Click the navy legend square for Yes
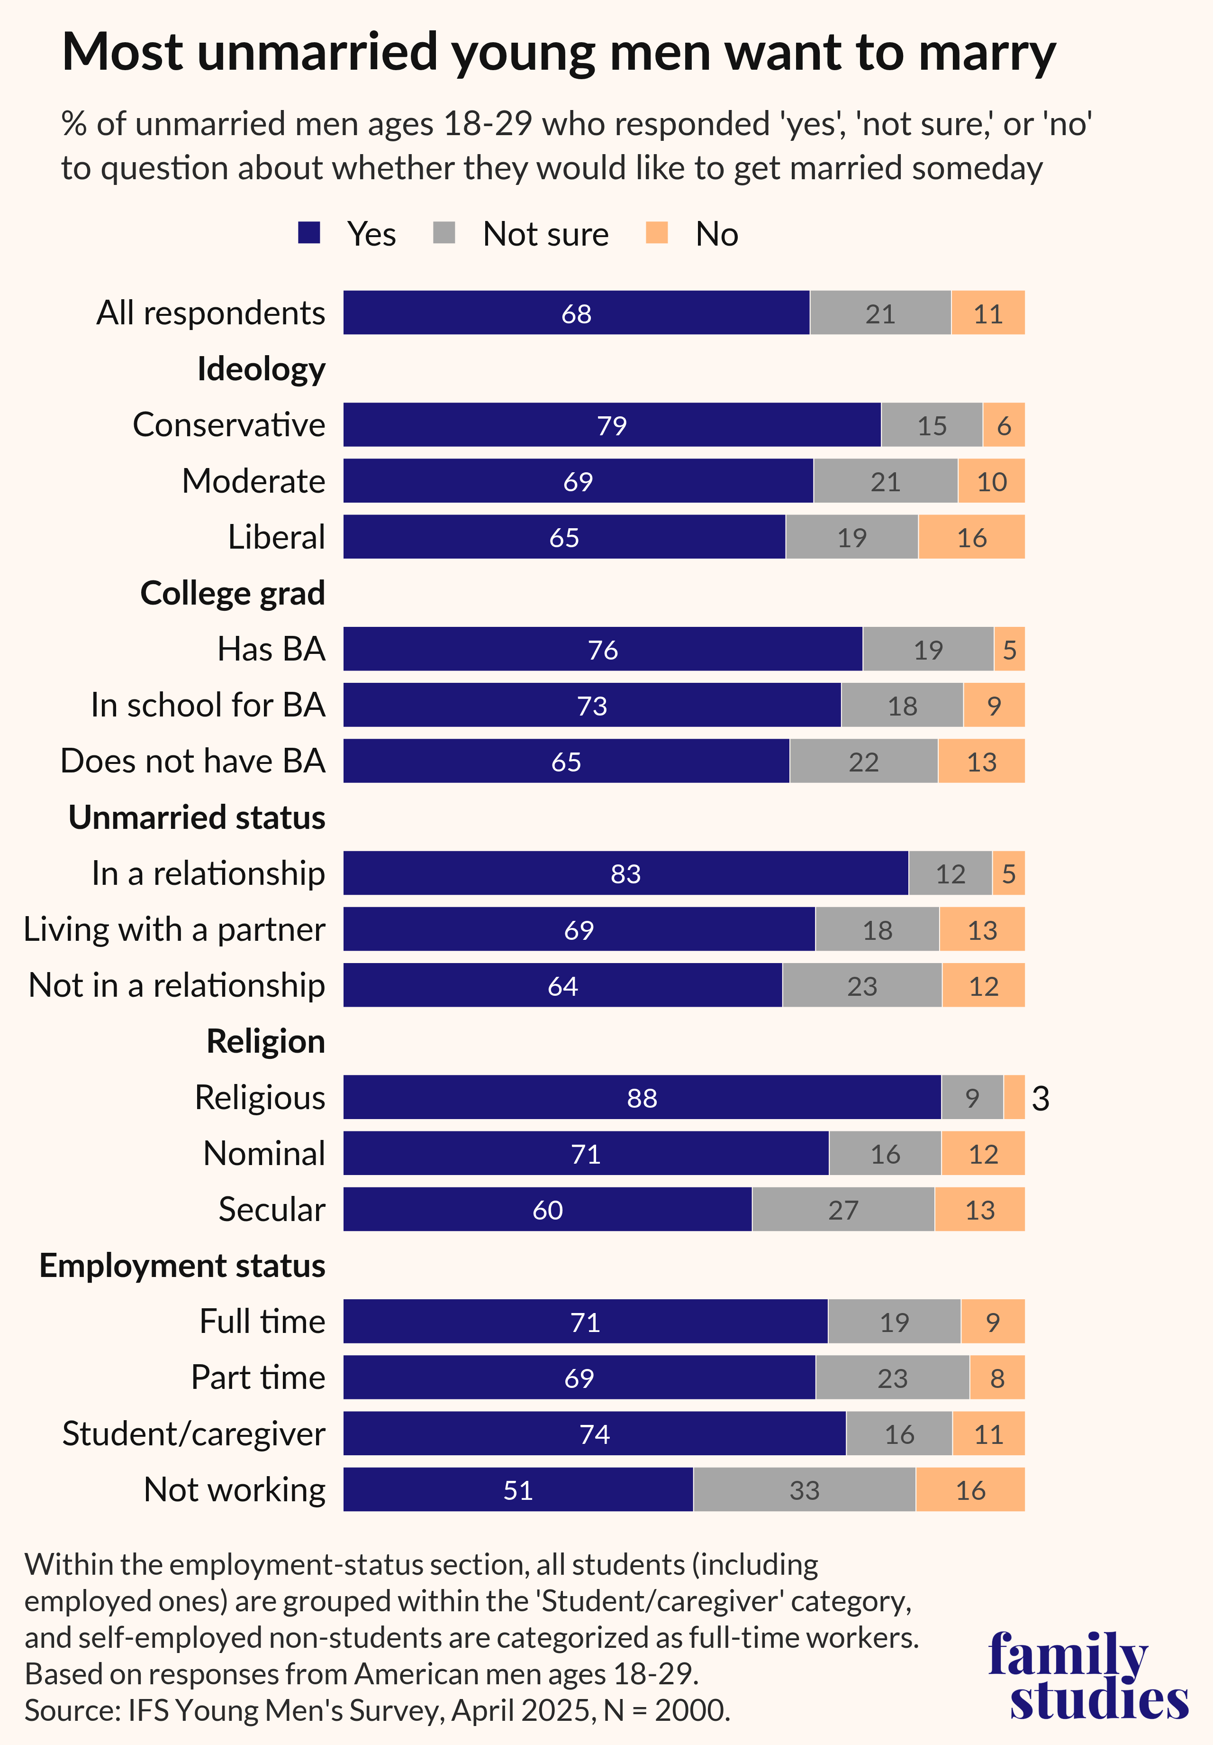[309, 232]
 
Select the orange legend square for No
[656, 232]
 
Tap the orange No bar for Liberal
[971, 537]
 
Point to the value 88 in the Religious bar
[642, 1097]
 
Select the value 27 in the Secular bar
[843, 1209]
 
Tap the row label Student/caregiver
[194, 1434]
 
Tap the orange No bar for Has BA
[1009, 649]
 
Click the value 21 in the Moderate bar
[885, 481]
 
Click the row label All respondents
[210, 313]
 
